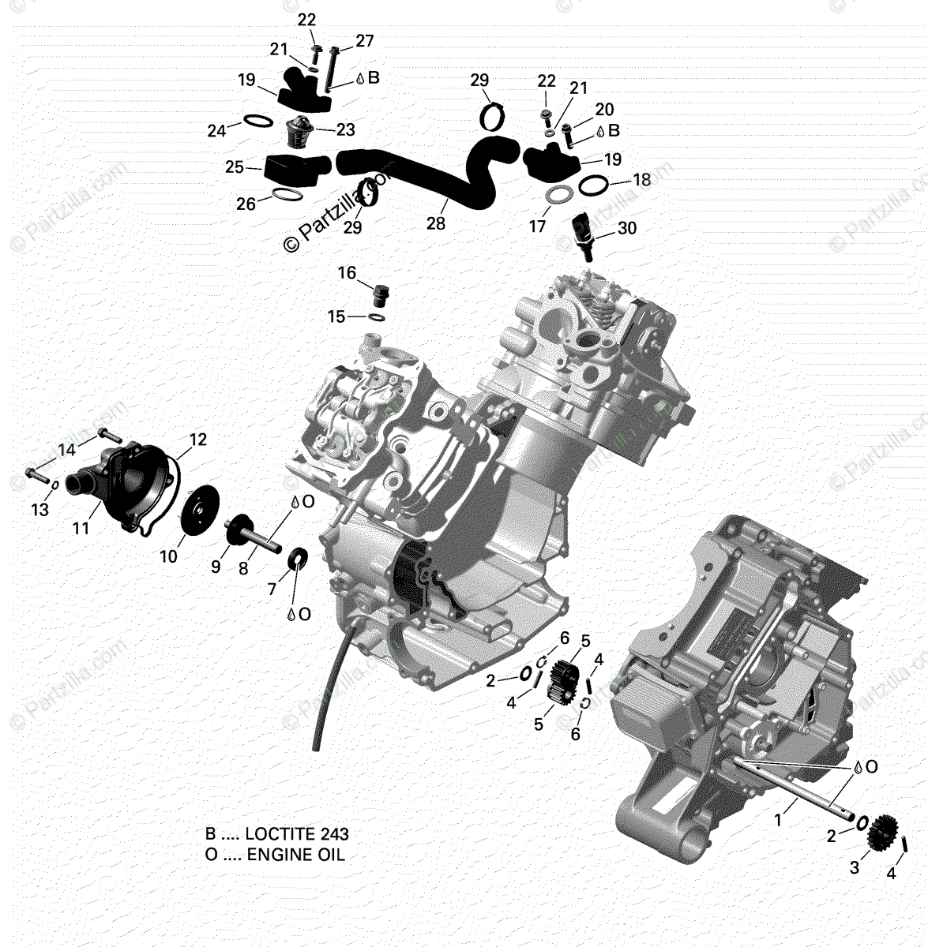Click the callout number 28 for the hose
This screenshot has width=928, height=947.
[436, 224]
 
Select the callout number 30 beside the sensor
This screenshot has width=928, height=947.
[626, 229]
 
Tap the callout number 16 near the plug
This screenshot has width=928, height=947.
[348, 274]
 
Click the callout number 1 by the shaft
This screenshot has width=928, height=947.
[778, 821]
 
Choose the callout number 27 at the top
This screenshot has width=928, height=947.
[364, 41]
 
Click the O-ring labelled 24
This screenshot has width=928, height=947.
[254, 121]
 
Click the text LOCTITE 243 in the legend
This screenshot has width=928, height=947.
[296, 834]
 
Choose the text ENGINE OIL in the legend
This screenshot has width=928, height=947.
[296, 854]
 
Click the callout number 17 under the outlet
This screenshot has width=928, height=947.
[538, 226]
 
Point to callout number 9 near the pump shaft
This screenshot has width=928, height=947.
[216, 566]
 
